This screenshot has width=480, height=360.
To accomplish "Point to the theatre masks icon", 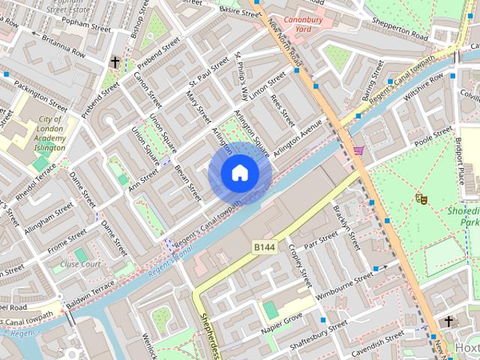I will (421, 199).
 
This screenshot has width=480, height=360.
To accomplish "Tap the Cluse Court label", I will (81, 265).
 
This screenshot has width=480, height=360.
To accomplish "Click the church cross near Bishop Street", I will (115, 62).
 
